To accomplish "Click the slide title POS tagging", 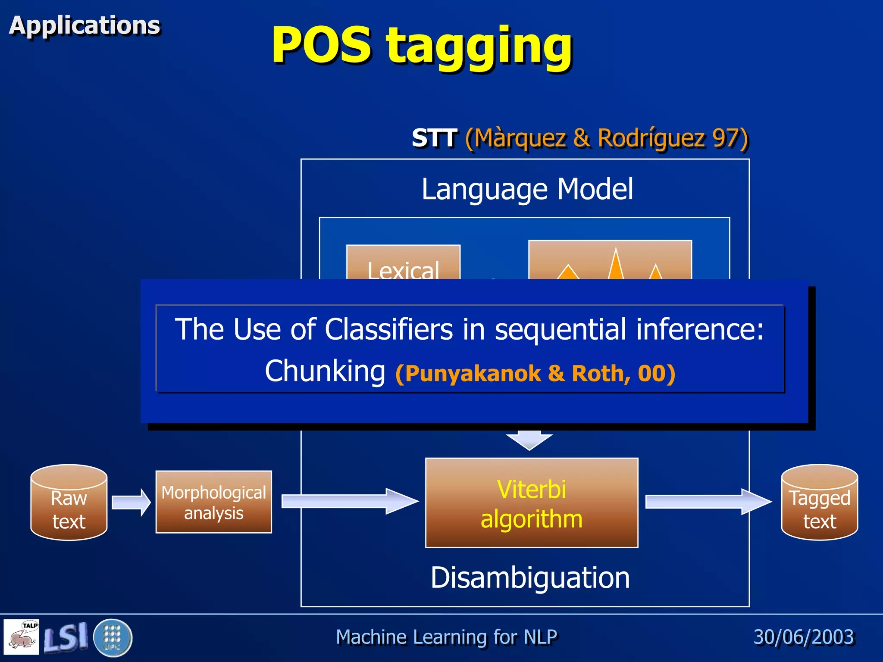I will pyautogui.click(x=422, y=45).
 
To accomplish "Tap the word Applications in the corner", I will pyautogui.click(x=85, y=25).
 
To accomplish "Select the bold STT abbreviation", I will pyautogui.click(x=434, y=138).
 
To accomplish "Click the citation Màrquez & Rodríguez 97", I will pyautogui.click(x=607, y=139).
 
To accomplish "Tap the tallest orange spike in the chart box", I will pyautogui.click(x=616, y=265).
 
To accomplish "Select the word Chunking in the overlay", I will pyautogui.click(x=325, y=371).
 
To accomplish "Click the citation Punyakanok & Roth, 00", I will pyautogui.click(x=535, y=373).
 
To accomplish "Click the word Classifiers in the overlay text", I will pyautogui.click(x=389, y=329).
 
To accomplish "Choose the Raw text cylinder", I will pyautogui.click(x=69, y=503).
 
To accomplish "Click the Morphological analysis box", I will pyautogui.click(x=214, y=502).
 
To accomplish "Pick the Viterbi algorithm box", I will pyautogui.click(x=532, y=503).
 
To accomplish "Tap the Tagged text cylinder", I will pyautogui.click(x=819, y=503).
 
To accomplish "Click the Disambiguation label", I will pyautogui.click(x=530, y=578).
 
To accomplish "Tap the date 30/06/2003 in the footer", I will pyautogui.click(x=804, y=637).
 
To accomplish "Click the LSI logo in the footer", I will pyautogui.click(x=66, y=637).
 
